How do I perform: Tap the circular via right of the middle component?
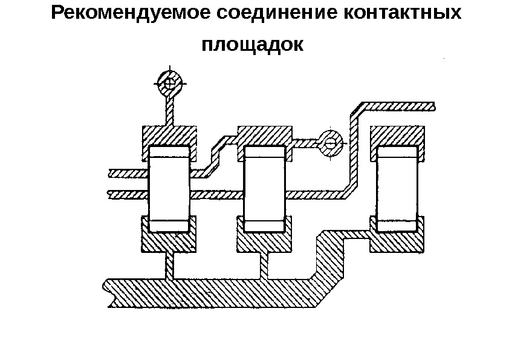[330, 143]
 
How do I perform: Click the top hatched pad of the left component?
[169, 135]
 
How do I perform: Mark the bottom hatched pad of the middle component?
[264, 243]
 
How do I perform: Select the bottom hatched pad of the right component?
[397, 242]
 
